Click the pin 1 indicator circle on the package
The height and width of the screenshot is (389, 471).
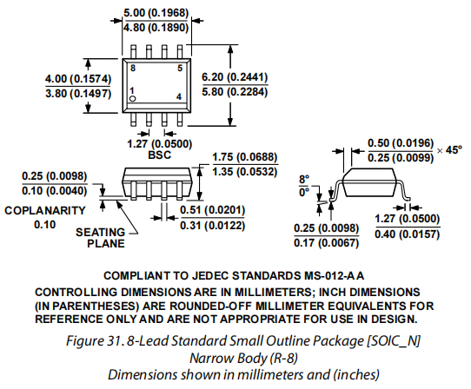tap(133, 99)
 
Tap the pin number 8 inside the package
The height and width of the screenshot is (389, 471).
tap(133, 68)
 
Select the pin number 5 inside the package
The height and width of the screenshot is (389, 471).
tap(180, 68)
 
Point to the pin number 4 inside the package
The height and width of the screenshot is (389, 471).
tap(179, 96)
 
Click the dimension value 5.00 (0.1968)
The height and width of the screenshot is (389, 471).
tap(156, 13)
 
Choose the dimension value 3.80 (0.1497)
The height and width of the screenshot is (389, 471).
tap(78, 94)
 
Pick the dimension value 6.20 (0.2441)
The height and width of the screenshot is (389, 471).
tap(235, 77)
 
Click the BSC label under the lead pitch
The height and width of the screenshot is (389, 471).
tap(160, 155)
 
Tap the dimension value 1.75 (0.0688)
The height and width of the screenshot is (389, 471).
tap(245, 157)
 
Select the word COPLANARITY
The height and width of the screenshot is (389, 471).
tap(45, 210)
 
